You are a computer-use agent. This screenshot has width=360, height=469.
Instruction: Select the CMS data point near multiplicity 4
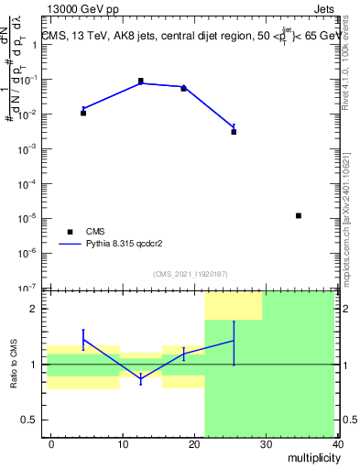coord(83,113)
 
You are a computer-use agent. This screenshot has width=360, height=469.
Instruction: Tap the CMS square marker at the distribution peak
coord(141,81)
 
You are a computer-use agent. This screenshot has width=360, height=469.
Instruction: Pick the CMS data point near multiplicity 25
coord(234,132)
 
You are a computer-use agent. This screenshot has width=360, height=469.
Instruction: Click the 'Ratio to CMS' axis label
coord(15,365)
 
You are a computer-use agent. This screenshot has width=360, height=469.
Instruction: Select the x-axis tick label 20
coord(194,444)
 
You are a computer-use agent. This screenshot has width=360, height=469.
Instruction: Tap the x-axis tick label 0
coord(51,444)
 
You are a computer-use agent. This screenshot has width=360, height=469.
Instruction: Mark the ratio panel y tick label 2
coord(33,310)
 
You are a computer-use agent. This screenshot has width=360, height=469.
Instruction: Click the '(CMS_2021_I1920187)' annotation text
coord(189,273)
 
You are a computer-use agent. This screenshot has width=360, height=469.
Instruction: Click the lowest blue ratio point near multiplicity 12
coord(140,378)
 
